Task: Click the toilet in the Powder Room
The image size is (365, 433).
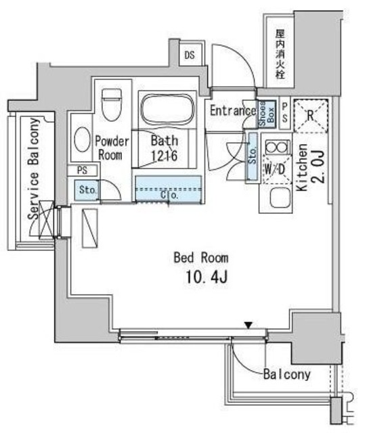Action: (x=112, y=104)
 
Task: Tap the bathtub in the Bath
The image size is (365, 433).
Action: (x=167, y=110)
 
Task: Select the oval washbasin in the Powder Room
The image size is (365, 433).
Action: (x=82, y=140)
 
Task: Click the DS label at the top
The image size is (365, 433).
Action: (x=190, y=55)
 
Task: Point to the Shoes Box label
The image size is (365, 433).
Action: (x=267, y=114)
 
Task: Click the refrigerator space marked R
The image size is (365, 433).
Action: (x=311, y=116)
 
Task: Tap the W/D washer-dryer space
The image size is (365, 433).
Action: (x=277, y=169)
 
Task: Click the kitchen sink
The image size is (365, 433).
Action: (x=280, y=198)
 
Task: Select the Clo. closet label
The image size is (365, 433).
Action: (x=169, y=196)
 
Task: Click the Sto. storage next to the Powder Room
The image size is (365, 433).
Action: (x=87, y=190)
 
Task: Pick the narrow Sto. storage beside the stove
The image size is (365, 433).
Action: (x=253, y=156)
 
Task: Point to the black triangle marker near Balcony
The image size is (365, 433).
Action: (x=249, y=325)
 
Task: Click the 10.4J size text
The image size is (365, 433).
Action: (x=207, y=277)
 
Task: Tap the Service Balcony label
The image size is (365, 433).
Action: (x=33, y=168)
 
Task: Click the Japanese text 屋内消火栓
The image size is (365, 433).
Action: (x=280, y=54)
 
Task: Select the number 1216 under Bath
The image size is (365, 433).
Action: (x=164, y=156)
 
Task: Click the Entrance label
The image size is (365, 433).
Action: (x=233, y=111)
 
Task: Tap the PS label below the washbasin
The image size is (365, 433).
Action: (x=82, y=170)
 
